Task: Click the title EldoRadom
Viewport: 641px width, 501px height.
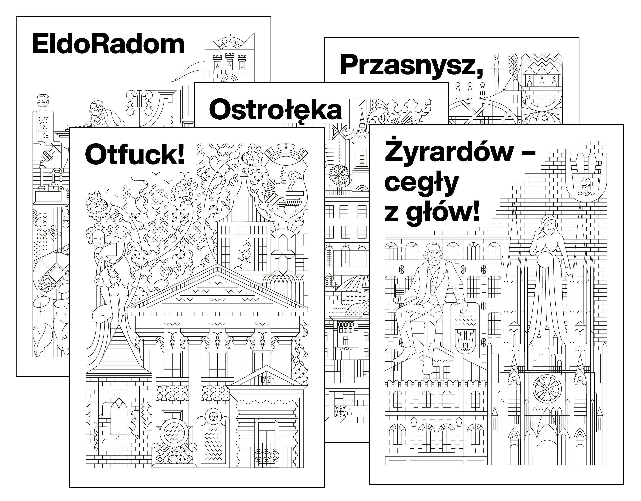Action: coord(108,44)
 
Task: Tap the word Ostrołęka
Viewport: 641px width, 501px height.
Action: coord(275,111)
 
